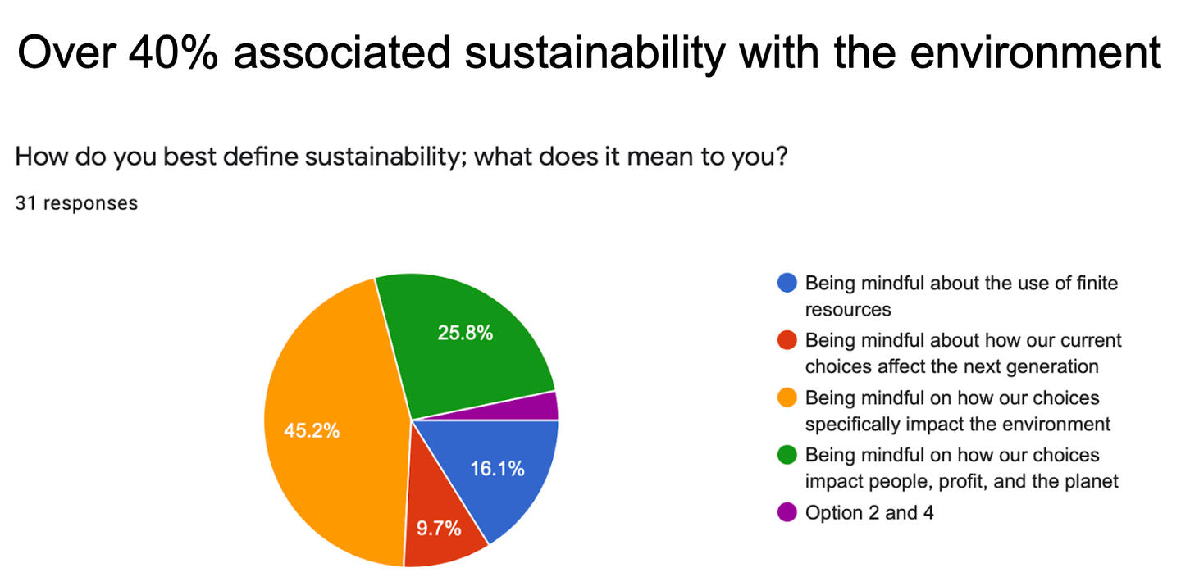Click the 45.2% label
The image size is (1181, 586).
[312, 430]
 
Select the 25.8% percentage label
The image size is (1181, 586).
[465, 333]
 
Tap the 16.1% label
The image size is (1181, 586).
[497, 469]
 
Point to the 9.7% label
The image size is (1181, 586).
[439, 528]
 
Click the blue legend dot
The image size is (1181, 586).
[787, 283]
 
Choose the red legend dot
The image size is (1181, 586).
[787, 340]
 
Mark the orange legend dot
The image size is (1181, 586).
[787, 397]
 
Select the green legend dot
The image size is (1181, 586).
[787, 455]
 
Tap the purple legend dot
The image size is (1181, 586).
[787, 512]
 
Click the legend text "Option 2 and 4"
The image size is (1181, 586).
[869, 513]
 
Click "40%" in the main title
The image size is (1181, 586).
[173, 52]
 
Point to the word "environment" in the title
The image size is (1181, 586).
[1036, 52]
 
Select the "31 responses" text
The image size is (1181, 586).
[76, 203]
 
